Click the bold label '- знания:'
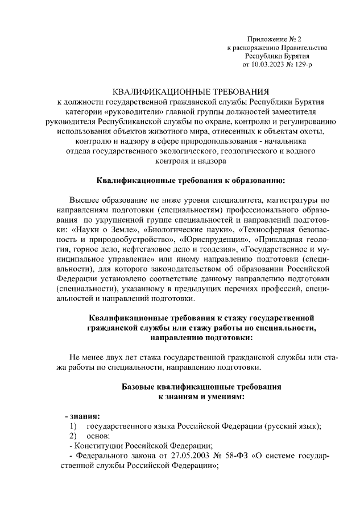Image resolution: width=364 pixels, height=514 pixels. point(83,416)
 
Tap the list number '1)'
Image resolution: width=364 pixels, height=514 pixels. point(73,426)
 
